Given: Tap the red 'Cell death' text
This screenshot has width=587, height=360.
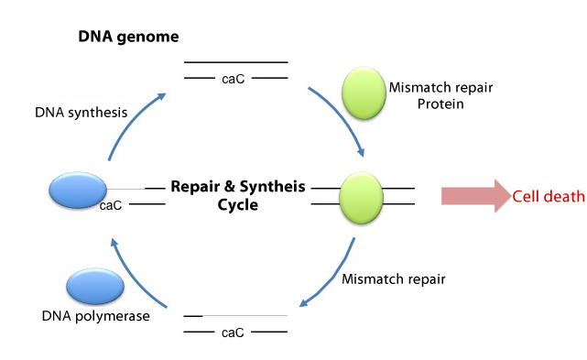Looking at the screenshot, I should click(x=549, y=196).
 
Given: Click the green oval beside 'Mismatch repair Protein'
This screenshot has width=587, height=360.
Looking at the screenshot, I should click(x=369, y=94).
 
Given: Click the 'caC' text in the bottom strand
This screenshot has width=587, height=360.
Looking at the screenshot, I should click(x=233, y=332).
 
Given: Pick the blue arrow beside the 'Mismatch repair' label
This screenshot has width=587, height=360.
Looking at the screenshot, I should click(x=332, y=277).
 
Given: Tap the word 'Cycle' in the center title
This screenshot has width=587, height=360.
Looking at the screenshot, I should click(x=237, y=204).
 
